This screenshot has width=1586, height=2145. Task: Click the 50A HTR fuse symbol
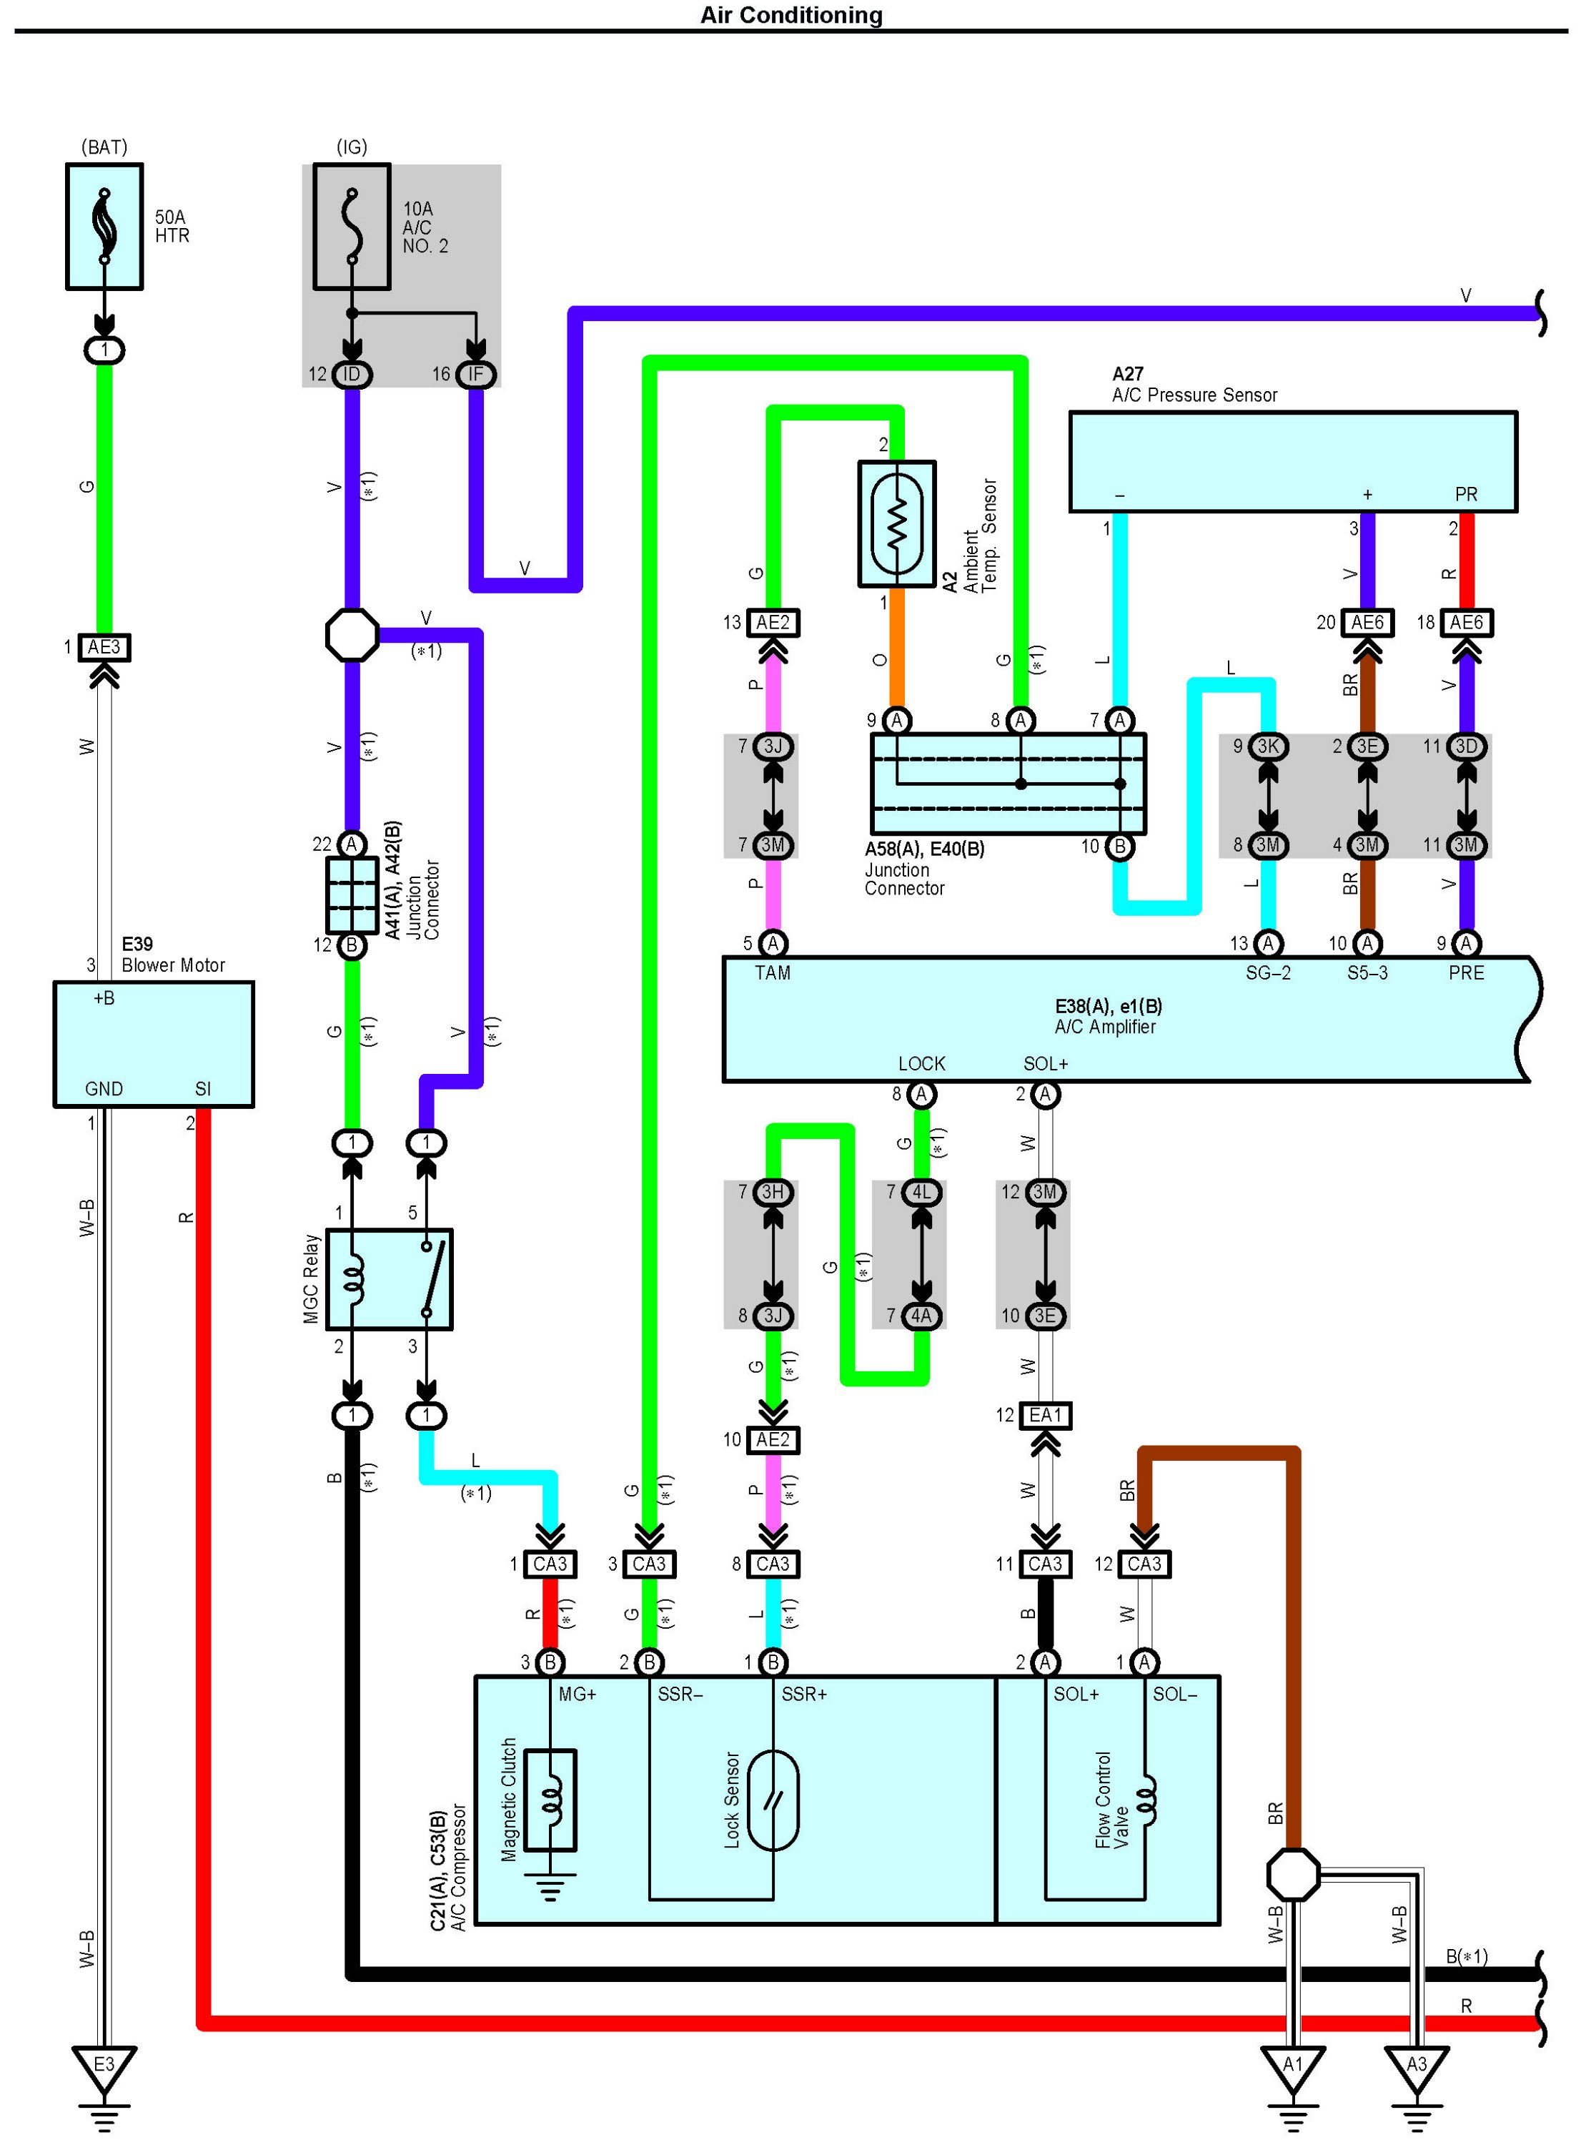tap(104, 226)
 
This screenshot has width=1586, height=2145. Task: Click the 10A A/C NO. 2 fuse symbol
tap(352, 227)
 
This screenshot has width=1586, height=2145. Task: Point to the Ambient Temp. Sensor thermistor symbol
tap(897, 523)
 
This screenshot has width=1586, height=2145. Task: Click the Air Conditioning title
tap(791, 14)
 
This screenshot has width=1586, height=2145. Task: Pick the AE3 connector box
tap(104, 647)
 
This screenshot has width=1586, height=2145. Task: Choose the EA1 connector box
tap(1046, 1415)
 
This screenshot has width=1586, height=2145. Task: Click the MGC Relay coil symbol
tap(353, 1279)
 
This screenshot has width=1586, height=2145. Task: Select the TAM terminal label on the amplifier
tap(773, 972)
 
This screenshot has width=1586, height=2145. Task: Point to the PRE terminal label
tap(1466, 972)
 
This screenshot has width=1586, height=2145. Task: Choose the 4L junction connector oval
tap(921, 1193)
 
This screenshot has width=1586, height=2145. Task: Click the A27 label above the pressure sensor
tap(1128, 373)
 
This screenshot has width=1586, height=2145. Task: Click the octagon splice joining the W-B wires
tap(1293, 1874)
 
